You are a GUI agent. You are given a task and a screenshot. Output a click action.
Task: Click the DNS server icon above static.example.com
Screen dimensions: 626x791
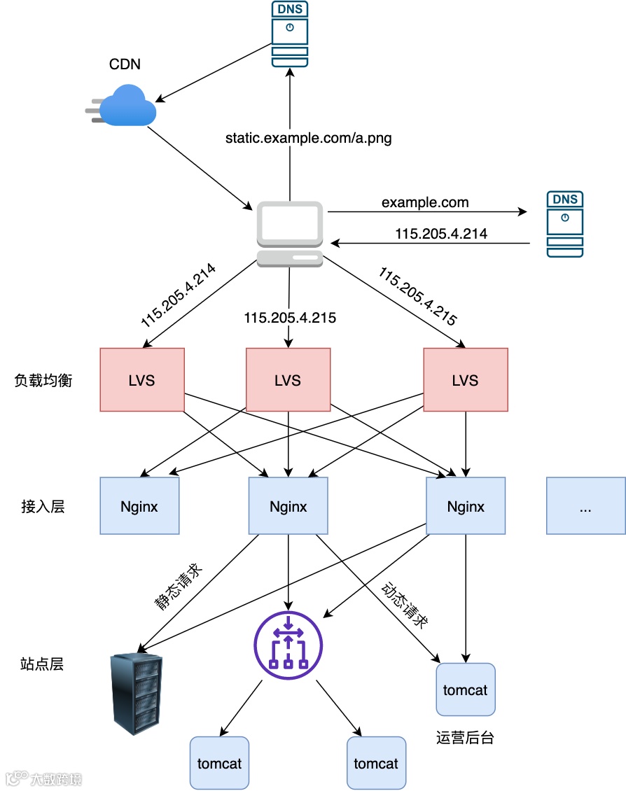(290, 34)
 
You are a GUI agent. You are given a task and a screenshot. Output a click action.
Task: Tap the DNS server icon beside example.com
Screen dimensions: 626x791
(565, 224)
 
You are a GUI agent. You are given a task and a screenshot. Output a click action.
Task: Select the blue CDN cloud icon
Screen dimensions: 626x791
(121, 106)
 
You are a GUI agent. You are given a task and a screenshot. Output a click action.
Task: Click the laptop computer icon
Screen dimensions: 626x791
(290, 234)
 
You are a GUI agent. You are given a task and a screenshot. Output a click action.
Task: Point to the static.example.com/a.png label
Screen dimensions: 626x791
(308, 138)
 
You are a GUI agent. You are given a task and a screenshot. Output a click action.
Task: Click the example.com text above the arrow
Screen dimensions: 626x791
(425, 202)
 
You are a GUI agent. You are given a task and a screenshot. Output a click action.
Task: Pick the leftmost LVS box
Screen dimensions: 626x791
(142, 379)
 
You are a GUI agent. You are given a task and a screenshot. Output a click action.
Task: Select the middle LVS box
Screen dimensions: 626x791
(288, 379)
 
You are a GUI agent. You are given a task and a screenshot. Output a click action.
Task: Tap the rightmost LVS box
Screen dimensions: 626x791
(466, 379)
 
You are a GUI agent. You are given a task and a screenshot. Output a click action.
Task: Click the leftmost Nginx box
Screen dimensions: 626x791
(140, 505)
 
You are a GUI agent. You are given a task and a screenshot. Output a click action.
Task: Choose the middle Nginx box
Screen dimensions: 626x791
(288, 505)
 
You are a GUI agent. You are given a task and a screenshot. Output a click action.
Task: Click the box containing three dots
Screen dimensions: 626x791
(585, 505)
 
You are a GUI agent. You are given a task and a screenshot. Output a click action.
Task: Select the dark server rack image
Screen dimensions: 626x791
(137, 694)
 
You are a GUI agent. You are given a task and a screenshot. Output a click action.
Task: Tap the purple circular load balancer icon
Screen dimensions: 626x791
(288, 645)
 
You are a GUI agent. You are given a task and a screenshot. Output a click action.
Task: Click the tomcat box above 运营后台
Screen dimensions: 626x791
(466, 689)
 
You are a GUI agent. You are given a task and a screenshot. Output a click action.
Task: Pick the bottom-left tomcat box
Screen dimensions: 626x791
(219, 763)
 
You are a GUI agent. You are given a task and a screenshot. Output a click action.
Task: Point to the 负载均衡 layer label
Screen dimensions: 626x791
(43, 380)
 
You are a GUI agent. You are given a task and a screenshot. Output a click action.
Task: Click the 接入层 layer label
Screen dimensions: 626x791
(43, 506)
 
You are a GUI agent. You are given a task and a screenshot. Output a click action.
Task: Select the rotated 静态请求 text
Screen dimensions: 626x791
(178, 587)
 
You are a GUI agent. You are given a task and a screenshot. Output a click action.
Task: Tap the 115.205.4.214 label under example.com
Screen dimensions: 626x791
(441, 234)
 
